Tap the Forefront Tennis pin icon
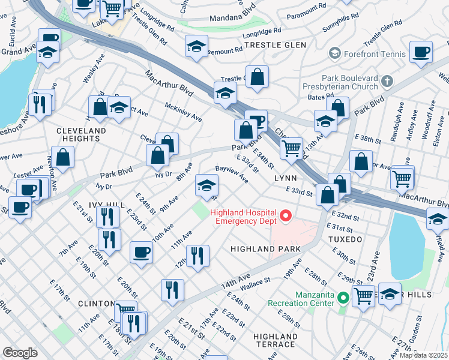tap(334, 53)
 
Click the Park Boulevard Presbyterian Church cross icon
tap(388, 80)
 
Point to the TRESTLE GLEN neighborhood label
tap(275, 45)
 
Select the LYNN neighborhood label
tap(286, 179)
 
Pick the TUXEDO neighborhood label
tap(345, 239)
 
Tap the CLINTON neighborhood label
tap(96, 304)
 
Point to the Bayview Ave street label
tap(232, 175)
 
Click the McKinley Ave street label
tap(184, 110)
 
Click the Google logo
tap(20, 352)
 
